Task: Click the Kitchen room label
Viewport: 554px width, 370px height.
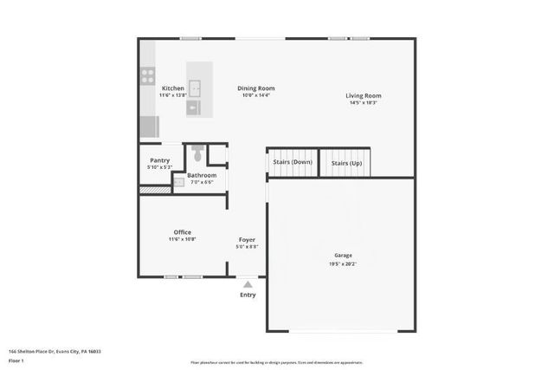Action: click(172, 88)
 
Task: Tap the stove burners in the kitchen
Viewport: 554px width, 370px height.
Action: click(147, 76)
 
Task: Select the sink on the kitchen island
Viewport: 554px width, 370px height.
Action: click(196, 88)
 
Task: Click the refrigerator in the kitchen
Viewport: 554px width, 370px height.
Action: click(149, 127)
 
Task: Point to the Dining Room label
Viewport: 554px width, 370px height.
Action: click(256, 88)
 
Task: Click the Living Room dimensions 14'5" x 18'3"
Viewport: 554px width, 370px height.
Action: click(363, 103)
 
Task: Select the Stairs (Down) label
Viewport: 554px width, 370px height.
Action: click(292, 162)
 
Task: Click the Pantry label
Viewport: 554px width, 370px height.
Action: click(159, 160)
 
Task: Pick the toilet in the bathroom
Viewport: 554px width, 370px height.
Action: click(196, 155)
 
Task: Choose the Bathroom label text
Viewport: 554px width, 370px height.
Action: click(202, 175)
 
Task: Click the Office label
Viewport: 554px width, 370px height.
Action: click(182, 232)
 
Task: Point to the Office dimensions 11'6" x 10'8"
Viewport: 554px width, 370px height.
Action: click(182, 239)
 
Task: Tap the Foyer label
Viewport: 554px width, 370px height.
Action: click(248, 239)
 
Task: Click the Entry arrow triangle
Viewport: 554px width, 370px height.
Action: click(248, 283)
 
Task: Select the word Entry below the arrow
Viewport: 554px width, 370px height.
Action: click(248, 295)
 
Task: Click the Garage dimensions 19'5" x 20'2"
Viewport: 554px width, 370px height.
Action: click(344, 263)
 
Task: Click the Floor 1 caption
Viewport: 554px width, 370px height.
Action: click(16, 360)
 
